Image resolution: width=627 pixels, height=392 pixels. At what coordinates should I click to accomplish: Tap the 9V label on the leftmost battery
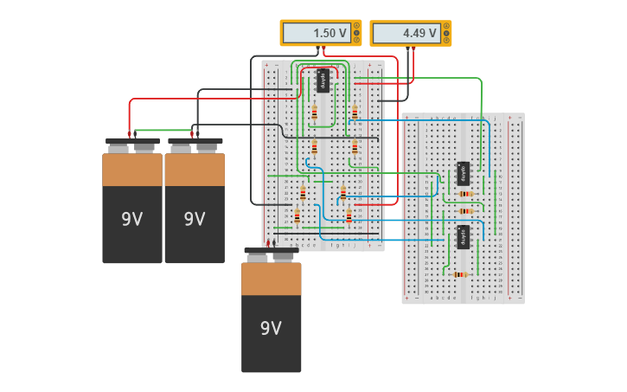pos(131,219)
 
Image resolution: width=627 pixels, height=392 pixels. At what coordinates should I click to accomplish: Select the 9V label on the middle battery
pos(194,219)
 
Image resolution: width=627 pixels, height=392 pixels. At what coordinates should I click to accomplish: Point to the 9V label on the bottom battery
pos(271,328)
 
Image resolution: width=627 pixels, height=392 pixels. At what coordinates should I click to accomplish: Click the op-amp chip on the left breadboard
pos(323,80)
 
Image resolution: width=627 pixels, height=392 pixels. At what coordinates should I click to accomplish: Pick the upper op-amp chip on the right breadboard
pos(464,173)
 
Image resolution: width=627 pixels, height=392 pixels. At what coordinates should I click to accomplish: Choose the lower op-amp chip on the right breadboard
pos(464,237)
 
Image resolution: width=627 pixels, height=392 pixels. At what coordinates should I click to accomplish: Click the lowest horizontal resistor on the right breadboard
pos(460,274)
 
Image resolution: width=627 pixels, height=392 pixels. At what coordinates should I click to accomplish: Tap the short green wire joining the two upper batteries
pos(163,131)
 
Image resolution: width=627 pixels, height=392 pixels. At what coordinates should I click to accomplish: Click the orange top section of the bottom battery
pos(271,279)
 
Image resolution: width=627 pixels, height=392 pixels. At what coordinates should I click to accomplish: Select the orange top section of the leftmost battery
pos(131,170)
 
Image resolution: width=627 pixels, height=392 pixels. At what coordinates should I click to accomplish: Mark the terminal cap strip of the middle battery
pos(195,141)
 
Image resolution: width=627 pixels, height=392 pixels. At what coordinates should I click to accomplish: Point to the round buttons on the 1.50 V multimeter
pos(356,33)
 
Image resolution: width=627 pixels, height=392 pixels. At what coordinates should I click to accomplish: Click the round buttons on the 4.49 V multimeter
pos(446,33)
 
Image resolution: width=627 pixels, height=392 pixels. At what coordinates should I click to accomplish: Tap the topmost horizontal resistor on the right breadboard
pos(466,194)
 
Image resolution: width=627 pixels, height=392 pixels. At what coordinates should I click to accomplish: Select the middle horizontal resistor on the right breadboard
pos(466,210)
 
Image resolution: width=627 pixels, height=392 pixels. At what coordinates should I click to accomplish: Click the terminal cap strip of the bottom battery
pos(271,251)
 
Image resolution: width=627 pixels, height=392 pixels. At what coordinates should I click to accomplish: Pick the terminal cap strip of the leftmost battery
pos(131,141)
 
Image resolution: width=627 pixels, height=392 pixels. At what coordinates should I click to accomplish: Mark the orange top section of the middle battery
pos(194,170)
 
